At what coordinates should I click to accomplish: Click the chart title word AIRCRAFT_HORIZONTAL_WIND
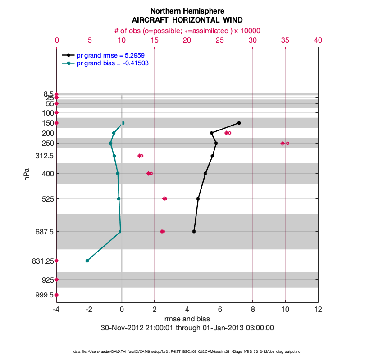187,20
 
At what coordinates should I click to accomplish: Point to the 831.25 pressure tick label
41,261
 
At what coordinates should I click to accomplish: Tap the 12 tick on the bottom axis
318,310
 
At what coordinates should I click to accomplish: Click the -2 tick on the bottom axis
89,310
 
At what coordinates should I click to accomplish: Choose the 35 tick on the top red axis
285,40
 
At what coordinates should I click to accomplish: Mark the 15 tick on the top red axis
155,40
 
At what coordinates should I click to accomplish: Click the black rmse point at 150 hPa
239,123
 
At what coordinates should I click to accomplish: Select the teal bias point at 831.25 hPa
87,261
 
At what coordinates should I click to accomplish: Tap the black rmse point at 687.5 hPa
194,232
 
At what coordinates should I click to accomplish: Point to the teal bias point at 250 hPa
110,143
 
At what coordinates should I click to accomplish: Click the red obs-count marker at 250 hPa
283,143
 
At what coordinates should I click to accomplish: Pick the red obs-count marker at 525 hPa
164,198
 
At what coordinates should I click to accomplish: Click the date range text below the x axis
187,328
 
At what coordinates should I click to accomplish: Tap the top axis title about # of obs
187,31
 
